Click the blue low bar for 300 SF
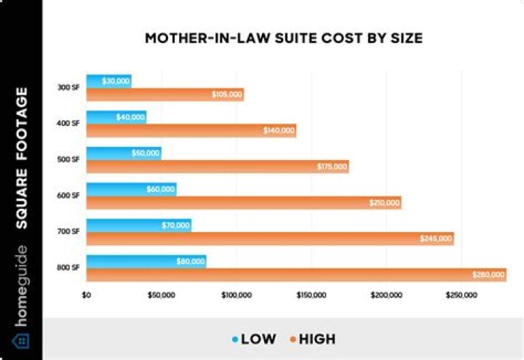pyautogui.click(x=108, y=81)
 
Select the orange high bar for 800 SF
pyautogui.click(x=291, y=275)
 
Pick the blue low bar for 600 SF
pyautogui.click(x=131, y=189)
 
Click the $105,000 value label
pyautogui.click(x=226, y=95)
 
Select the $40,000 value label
pyautogui.click(x=130, y=117)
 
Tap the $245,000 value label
pyautogui.click(x=435, y=239)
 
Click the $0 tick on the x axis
pyautogui.click(x=86, y=295)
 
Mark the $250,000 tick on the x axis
pyautogui.click(x=461, y=295)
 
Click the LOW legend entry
pyautogui.click(x=254, y=339)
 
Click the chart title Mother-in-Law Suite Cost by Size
pyautogui.click(x=283, y=38)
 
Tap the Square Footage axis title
pyautogui.click(x=22, y=158)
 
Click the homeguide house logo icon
pyautogui.click(x=21, y=340)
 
